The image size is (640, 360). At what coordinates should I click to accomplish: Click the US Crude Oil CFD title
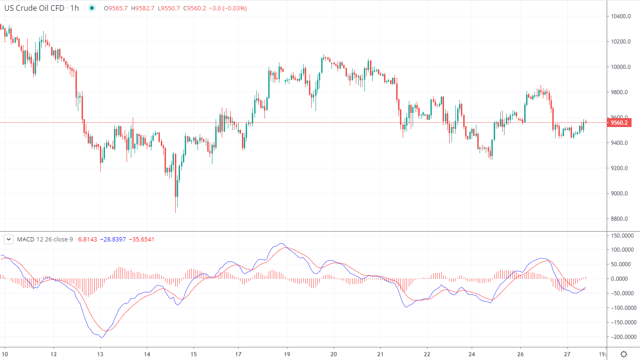pyautogui.click(x=35, y=8)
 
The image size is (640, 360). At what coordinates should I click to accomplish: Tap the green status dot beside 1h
pyautogui.click(x=91, y=8)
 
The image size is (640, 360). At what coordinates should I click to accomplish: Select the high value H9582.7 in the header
pyautogui.click(x=143, y=8)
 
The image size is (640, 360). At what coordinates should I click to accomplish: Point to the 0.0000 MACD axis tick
pyautogui.click(x=622, y=279)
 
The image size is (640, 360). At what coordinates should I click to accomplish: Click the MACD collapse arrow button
pyautogui.click(x=8, y=239)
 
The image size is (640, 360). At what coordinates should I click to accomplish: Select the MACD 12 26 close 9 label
pyautogui.click(x=45, y=239)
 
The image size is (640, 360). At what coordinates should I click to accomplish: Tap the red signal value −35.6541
pyautogui.click(x=141, y=239)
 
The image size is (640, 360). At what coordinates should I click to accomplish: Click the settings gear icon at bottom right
pyautogui.click(x=624, y=354)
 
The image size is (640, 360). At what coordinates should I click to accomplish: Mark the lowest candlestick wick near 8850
pyautogui.click(x=176, y=211)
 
